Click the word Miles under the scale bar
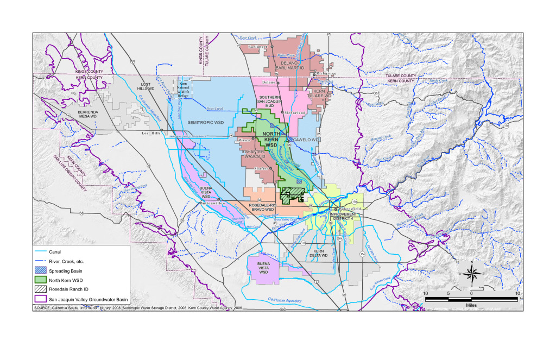(471, 305)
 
